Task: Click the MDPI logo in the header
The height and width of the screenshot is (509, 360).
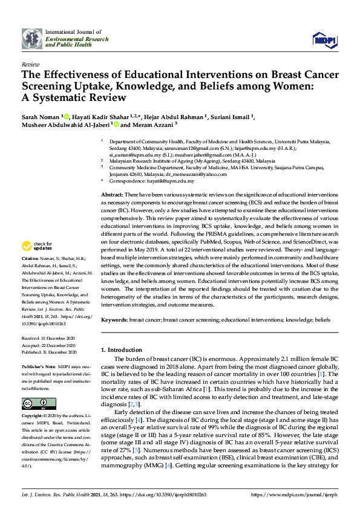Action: [324, 40]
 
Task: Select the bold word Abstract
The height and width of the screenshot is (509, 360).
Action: [111, 195]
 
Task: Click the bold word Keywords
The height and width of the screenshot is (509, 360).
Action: [114, 319]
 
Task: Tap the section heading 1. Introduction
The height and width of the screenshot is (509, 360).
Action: [123, 349]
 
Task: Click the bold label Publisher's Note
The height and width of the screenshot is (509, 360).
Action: [39, 366]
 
